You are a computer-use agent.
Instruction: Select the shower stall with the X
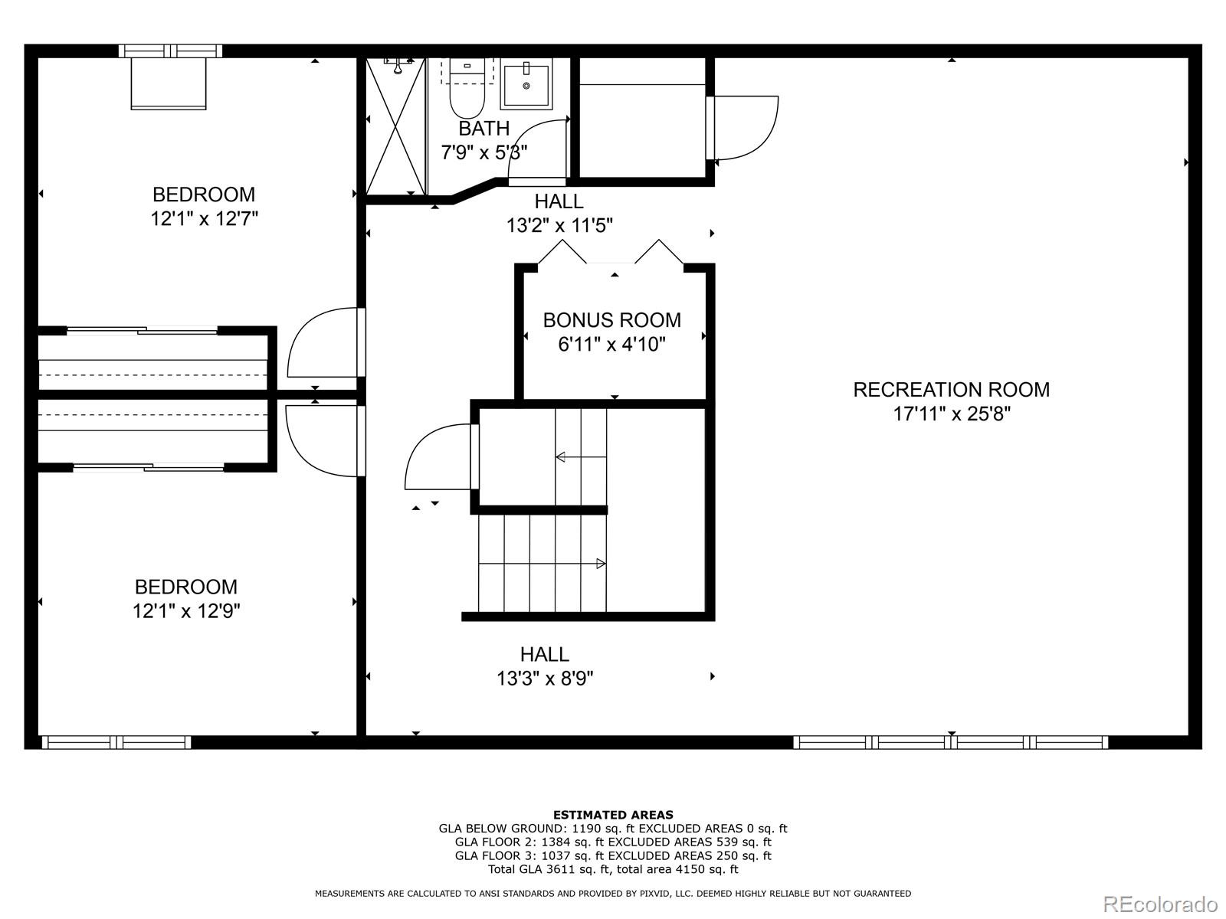tap(395, 126)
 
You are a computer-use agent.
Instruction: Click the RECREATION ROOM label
tap(951, 390)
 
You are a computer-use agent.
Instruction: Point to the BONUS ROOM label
tap(611, 320)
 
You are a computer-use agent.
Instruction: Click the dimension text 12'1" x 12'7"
tap(204, 219)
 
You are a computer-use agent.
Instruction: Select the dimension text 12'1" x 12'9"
tap(186, 611)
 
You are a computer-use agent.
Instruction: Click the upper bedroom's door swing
tap(322, 343)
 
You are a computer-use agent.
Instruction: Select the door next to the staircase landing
tap(438, 458)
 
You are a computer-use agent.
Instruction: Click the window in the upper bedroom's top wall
tap(170, 51)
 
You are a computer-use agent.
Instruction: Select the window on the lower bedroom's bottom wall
tap(116, 741)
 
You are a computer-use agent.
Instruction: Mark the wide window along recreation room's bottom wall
tap(950, 741)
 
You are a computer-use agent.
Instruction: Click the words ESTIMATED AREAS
tap(613, 815)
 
